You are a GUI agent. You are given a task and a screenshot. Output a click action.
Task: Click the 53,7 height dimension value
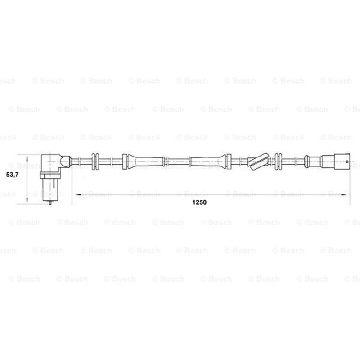click(x=12, y=175)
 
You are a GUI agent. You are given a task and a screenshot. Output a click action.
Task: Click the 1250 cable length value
click(x=199, y=202)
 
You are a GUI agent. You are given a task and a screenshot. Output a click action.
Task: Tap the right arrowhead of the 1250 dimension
click(x=344, y=195)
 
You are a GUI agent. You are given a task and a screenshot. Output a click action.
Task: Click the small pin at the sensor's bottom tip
click(x=50, y=202)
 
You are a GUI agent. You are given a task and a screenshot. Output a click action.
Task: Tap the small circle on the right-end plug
click(x=347, y=162)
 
